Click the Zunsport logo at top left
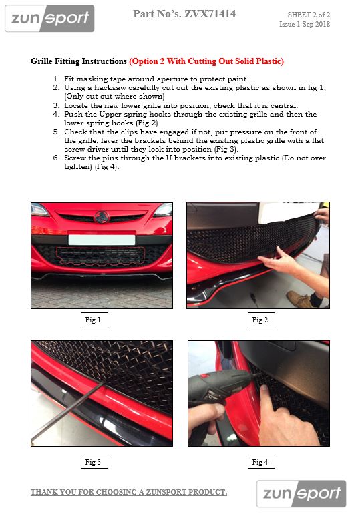tap(49, 19)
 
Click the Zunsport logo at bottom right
tap(301, 494)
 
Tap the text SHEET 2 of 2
tap(309, 14)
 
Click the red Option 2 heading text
tap(206, 61)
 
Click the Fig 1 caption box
tap(94, 320)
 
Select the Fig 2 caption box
tap(260, 320)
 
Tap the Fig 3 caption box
tap(94, 461)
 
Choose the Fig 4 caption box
tap(260, 461)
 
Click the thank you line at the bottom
tap(128, 493)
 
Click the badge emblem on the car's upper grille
tap(102, 216)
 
